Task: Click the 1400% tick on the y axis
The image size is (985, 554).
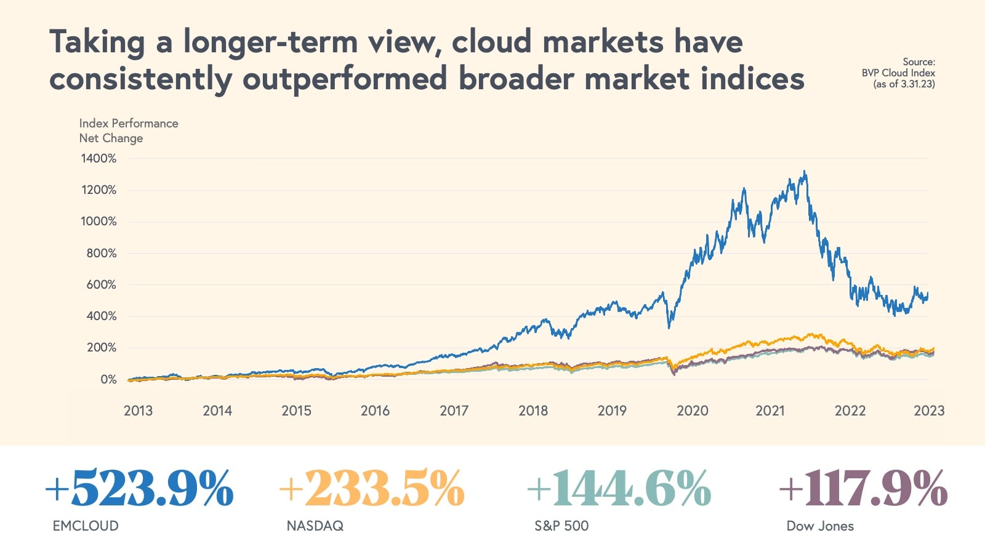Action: tap(98, 159)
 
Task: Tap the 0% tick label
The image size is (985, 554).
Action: tap(108, 380)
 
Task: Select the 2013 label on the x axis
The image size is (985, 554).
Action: tap(138, 411)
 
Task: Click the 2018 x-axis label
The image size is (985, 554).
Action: tap(533, 411)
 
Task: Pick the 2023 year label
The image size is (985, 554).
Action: tap(928, 411)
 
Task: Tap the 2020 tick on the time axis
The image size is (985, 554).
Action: tap(692, 411)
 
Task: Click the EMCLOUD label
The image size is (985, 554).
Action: tap(86, 526)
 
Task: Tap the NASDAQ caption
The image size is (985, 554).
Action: tap(315, 526)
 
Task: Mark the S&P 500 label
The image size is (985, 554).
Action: tap(561, 526)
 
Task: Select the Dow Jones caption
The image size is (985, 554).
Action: tap(820, 526)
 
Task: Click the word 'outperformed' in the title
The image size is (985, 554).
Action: tap(345, 79)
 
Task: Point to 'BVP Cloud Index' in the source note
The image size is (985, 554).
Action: tap(898, 73)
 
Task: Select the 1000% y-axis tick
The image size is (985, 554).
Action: tap(98, 222)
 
